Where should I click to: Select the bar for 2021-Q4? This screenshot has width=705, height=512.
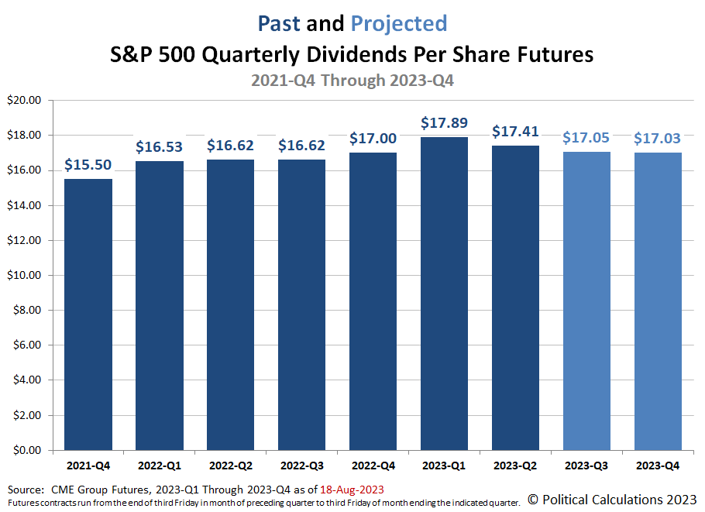88,314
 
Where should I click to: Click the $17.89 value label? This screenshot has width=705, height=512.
445,123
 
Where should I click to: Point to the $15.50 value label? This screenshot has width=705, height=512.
88,165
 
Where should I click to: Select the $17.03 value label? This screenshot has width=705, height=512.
659,139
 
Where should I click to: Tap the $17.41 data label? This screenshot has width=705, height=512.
516,132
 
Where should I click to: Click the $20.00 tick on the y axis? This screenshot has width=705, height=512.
26,101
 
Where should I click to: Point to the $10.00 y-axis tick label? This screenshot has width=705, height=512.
26,275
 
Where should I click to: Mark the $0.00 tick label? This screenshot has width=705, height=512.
29,450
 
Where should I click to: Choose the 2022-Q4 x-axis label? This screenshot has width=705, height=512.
373,466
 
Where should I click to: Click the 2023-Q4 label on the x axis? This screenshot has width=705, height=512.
659,466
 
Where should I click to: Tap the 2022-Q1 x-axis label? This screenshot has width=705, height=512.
160,466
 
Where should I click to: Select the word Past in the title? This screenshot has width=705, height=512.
279,23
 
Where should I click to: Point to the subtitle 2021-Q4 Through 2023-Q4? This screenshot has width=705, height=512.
352,80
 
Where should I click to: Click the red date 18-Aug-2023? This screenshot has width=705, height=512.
352,490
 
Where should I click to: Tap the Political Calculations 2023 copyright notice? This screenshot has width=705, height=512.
612,499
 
